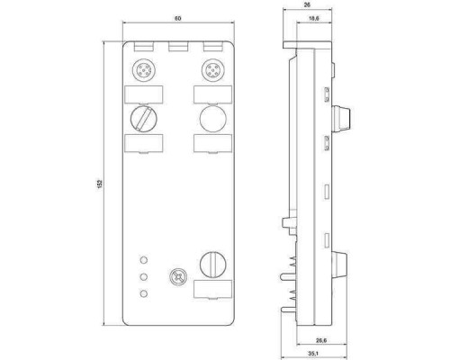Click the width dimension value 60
tap(178, 18)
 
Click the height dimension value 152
tap(100, 184)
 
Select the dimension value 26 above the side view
tap(307, 4)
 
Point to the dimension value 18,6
tap(314, 18)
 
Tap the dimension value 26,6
tap(321, 340)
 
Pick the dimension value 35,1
tap(313, 354)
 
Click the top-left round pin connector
tap(143, 70)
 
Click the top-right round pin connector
tap(212, 70)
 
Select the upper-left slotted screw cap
tap(143, 118)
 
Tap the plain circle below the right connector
tap(212, 118)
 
